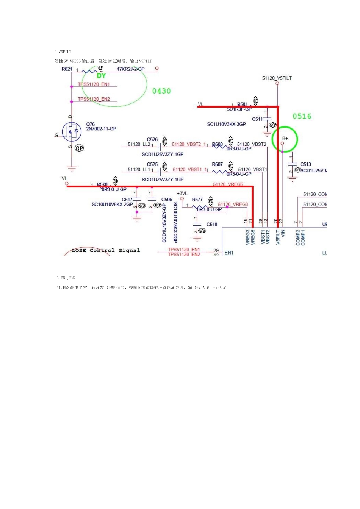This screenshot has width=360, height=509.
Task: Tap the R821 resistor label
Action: [67, 69]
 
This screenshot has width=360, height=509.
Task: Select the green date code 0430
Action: [161, 91]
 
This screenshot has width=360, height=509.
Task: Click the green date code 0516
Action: [302, 116]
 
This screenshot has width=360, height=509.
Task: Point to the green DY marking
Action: [101, 76]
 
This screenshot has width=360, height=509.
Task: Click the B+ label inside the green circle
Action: [285, 139]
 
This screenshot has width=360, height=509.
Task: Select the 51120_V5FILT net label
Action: [277, 78]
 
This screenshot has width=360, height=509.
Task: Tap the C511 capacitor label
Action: [257, 119]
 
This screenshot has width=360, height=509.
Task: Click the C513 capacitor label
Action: [305, 164]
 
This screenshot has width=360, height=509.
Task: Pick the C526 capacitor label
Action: [152, 140]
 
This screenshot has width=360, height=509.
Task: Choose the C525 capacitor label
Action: [152, 164]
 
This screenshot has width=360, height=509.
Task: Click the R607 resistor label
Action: [217, 164]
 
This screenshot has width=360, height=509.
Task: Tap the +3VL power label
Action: [182, 194]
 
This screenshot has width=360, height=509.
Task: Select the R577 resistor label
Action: [197, 200]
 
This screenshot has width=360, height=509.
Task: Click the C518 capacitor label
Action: [212, 225]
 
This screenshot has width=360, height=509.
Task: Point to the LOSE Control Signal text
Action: [106, 251]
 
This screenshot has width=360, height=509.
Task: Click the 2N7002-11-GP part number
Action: [101, 129]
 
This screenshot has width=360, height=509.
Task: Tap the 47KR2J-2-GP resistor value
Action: [130, 69]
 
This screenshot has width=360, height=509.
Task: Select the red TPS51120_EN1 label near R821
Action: [94, 84]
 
